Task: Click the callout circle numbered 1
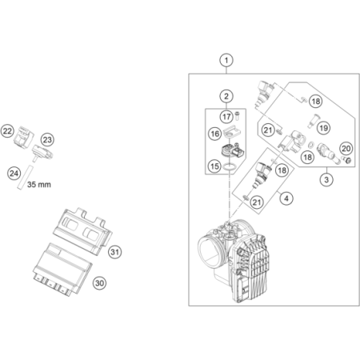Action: [x=226, y=60]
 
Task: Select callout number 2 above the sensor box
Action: [x=226, y=96]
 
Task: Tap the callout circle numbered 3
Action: [x=326, y=179]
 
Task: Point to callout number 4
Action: [x=286, y=198]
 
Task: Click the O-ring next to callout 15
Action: [x=230, y=167]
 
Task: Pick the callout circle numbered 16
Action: [x=215, y=134]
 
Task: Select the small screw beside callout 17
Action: [x=238, y=116]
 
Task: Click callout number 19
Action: [x=323, y=128]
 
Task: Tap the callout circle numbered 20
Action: [x=346, y=149]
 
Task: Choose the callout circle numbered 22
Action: [x=7, y=131]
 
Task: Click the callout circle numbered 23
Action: [x=47, y=140]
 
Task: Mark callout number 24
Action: [x=14, y=174]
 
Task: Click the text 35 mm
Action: [x=39, y=184]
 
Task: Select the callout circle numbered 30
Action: [x=99, y=283]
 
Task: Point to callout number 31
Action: [x=114, y=252]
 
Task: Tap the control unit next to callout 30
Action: [x=62, y=270]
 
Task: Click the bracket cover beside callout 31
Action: [x=82, y=231]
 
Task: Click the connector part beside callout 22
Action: [x=24, y=137]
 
